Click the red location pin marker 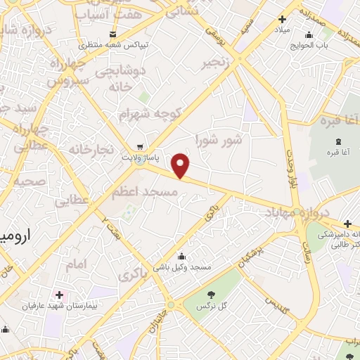pyautogui.click(x=181, y=165)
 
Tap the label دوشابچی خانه pyautogui.click(x=120, y=79)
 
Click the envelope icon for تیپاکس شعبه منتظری pyautogui.click(x=112, y=34)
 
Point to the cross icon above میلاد pyautogui.click(x=282, y=19)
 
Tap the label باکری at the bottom pyautogui.click(x=134, y=276)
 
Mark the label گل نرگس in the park pyautogui.click(x=212, y=306)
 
